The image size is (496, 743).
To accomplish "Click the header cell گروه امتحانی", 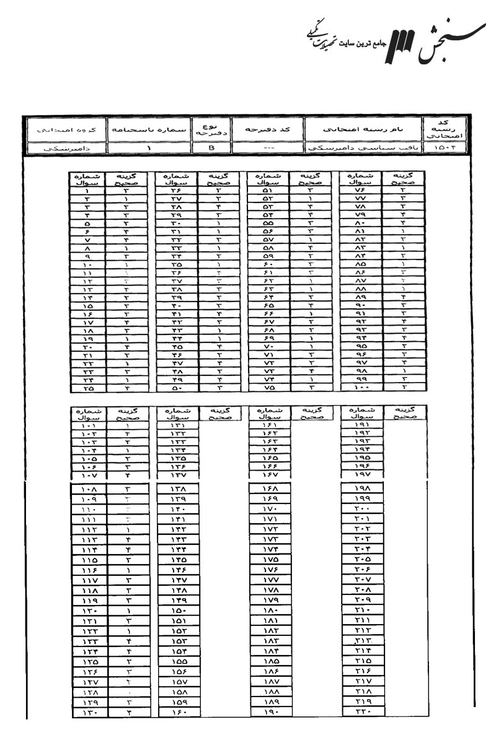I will tap(64, 131).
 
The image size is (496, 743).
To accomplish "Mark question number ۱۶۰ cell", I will tap(177, 712).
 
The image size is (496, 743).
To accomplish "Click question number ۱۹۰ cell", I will tap(268, 712).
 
